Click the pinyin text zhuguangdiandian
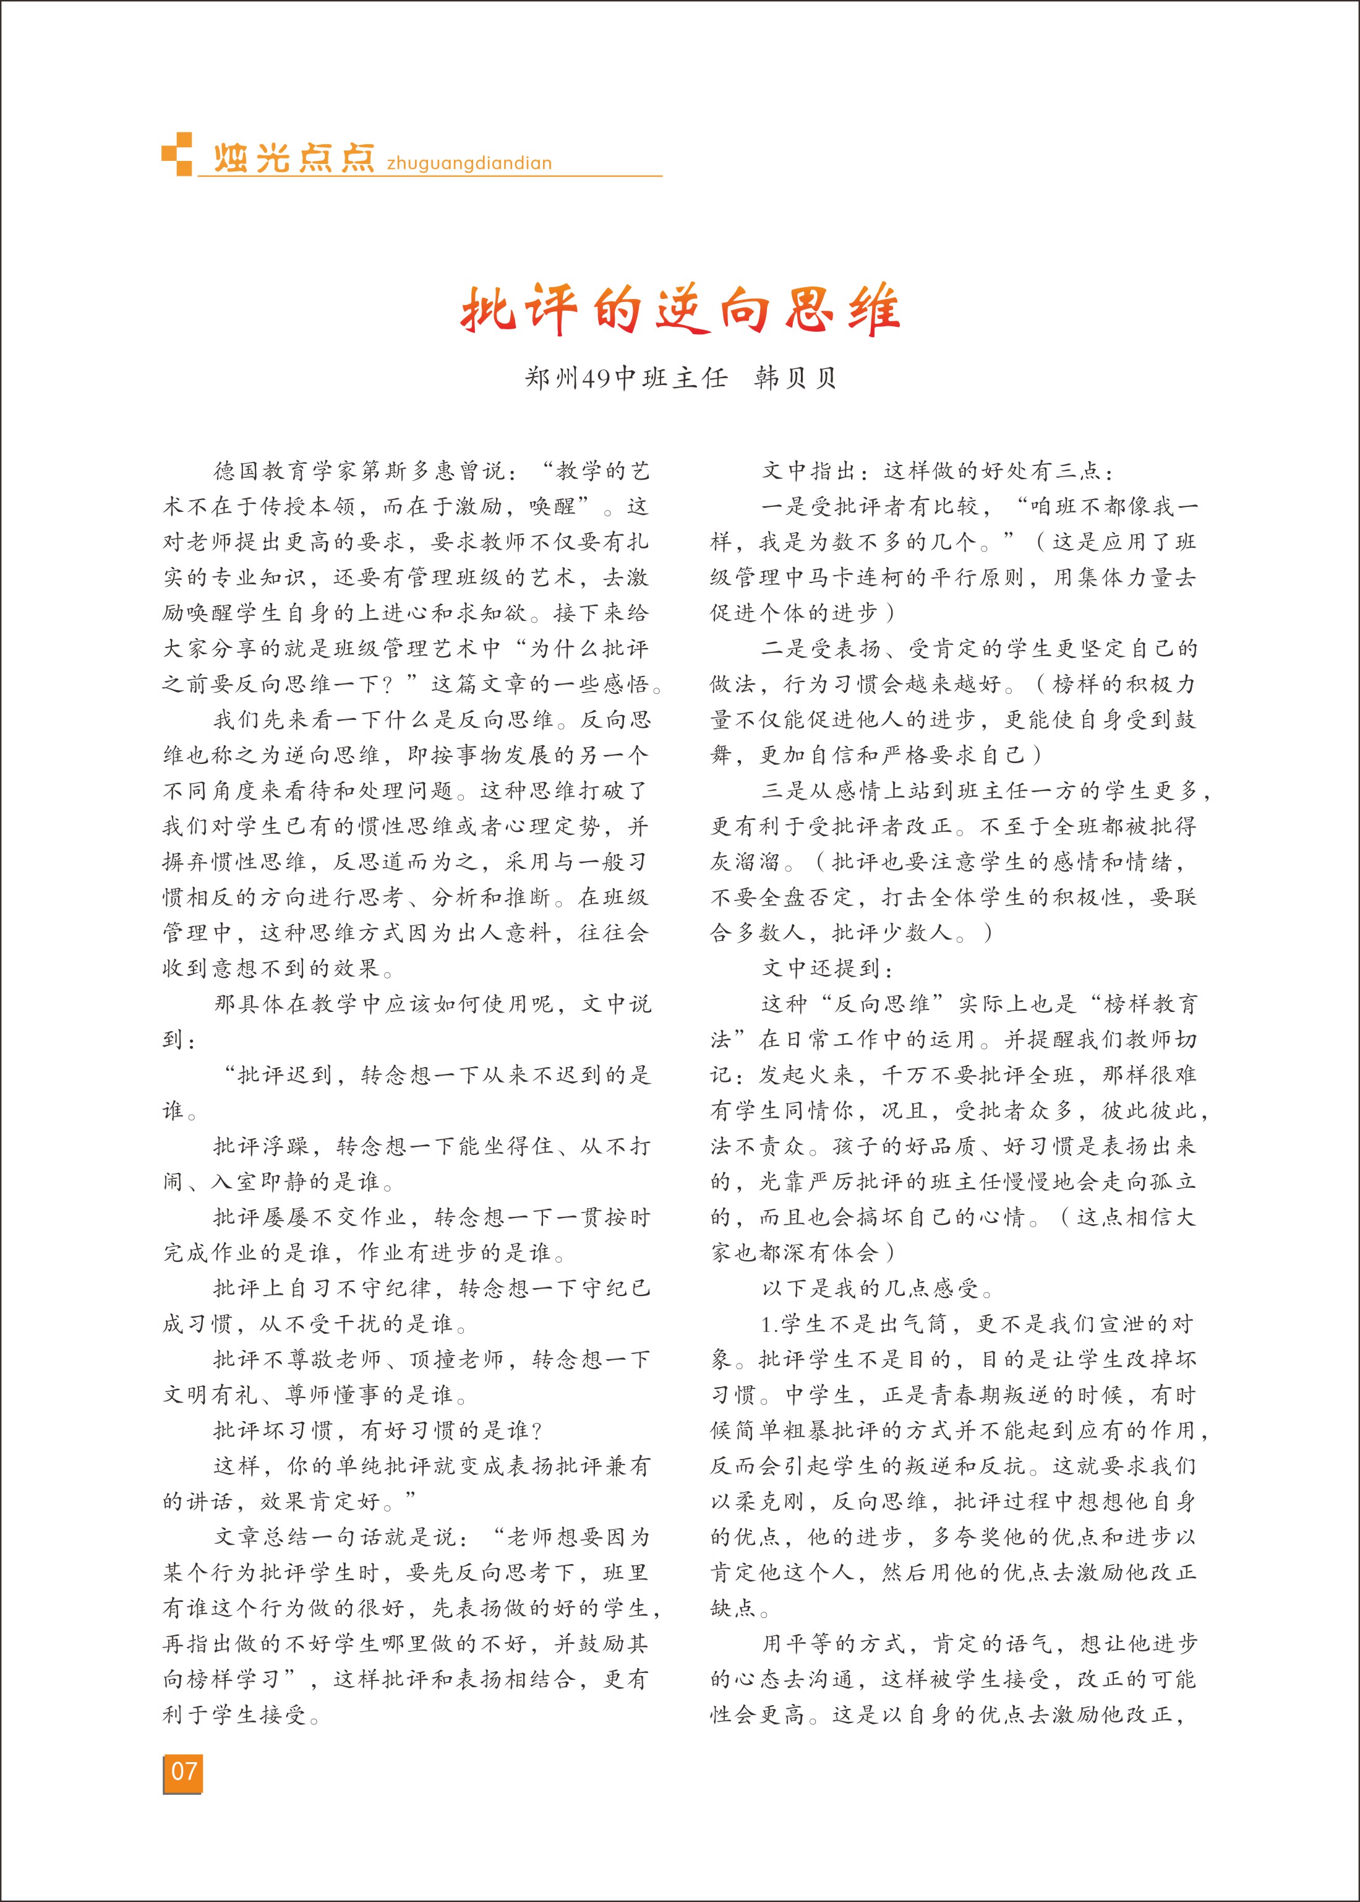click(469, 163)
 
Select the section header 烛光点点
click(293, 158)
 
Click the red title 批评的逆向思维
click(680, 310)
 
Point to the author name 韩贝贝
click(795, 378)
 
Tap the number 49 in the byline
click(596, 379)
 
